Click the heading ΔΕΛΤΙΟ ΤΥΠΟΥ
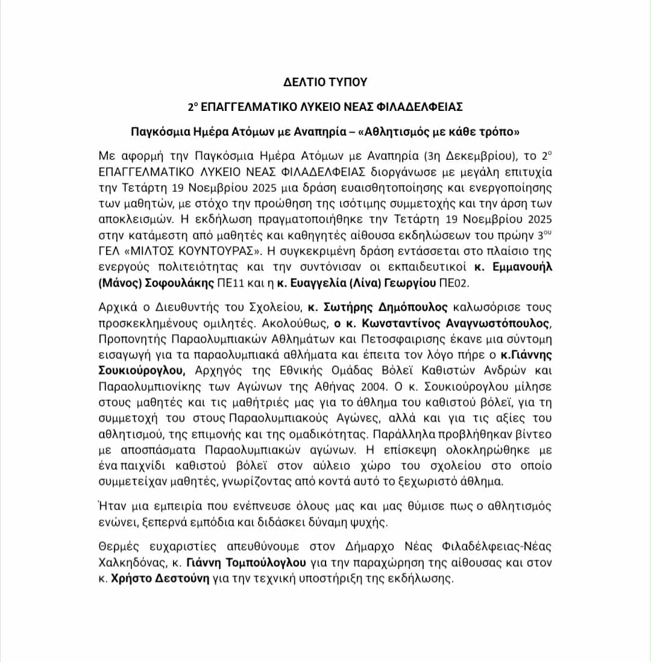pyautogui.click(x=325, y=81)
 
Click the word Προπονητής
pyautogui.click(x=130, y=338)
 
